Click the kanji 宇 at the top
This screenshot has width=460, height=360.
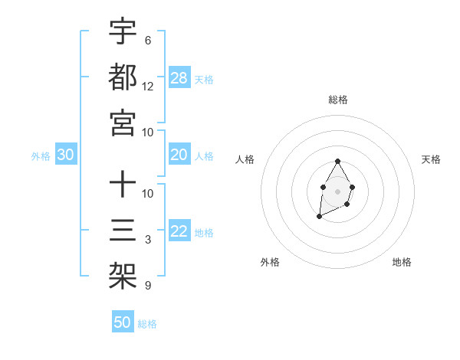point(123,32)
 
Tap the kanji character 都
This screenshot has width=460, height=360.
point(123,77)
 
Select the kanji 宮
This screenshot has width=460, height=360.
point(123,122)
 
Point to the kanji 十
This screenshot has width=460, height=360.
point(123,185)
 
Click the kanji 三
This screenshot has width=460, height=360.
point(123,231)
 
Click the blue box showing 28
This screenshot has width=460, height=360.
point(179,78)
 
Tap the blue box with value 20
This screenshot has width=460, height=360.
point(179,155)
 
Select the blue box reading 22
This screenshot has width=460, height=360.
point(179,232)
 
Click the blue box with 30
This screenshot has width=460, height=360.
point(66,155)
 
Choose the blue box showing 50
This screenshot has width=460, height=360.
point(123,322)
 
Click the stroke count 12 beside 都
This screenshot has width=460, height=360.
point(148,86)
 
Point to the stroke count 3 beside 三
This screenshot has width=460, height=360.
point(148,240)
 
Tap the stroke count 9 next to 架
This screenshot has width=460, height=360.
point(148,286)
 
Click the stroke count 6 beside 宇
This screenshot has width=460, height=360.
point(148,41)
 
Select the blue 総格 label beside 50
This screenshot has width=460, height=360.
point(147,324)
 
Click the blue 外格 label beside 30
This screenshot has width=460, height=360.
point(41,156)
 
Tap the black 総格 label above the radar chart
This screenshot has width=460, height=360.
point(337,100)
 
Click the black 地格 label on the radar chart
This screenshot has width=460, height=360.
point(402,262)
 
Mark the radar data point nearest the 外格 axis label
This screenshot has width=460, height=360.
point(319,218)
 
